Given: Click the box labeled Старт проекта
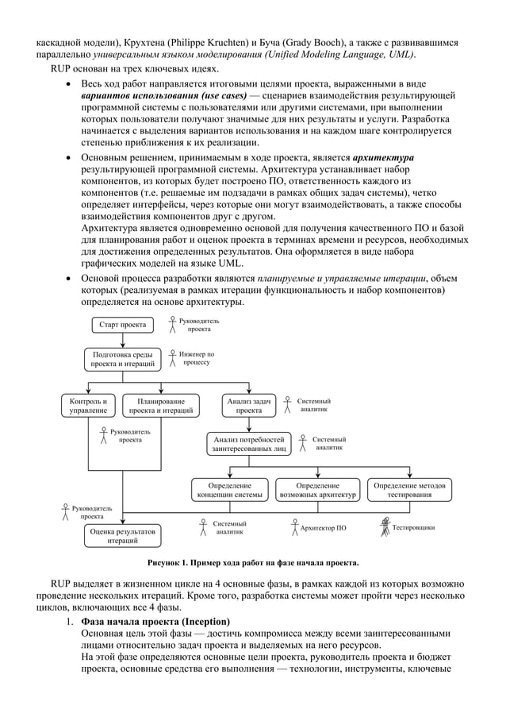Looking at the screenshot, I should pyautogui.click(x=122, y=325).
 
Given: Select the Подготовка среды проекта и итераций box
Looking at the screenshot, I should pyautogui.click(x=122, y=359).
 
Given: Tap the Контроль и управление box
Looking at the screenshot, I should pyautogui.click(x=89, y=406).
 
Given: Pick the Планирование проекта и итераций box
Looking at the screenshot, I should pyautogui.click(x=161, y=406).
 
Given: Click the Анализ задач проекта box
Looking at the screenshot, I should pyautogui.click(x=248, y=406).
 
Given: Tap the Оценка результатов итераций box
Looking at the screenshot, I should pyautogui.click(x=122, y=536).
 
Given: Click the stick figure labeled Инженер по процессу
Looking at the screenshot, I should pyautogui.click(x=171, y=357).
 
